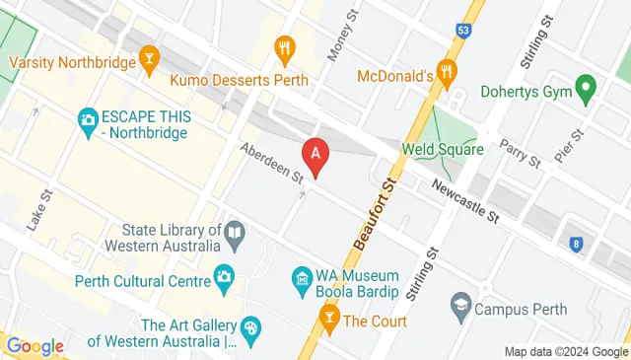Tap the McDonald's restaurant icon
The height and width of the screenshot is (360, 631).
coord(449,71)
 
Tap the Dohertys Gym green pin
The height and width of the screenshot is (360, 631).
coord(586,90)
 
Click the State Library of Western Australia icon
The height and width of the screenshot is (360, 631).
coord(235,235)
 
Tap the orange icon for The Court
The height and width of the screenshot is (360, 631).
coord(329,319)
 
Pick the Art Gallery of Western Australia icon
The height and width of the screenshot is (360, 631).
coord(250,327)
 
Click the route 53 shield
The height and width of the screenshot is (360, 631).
coord(463,31)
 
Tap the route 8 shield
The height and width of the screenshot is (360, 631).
coord(576,242)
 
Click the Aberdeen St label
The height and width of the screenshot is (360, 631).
coord(271,163)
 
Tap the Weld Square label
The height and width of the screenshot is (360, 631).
coord(443,150)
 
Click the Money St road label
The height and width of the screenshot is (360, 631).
coord(341,36)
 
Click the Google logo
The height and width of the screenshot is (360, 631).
coord(35,346)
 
